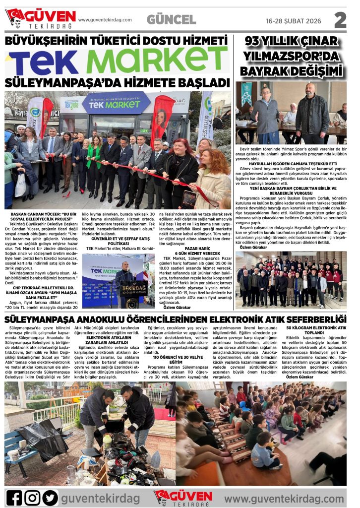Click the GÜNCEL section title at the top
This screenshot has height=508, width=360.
(171, 19)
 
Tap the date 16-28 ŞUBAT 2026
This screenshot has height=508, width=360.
(290, 20)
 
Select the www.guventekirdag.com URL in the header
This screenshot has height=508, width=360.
(105, 20)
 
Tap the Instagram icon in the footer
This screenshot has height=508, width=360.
(32, 497)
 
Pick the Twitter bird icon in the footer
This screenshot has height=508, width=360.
(50, 497)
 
